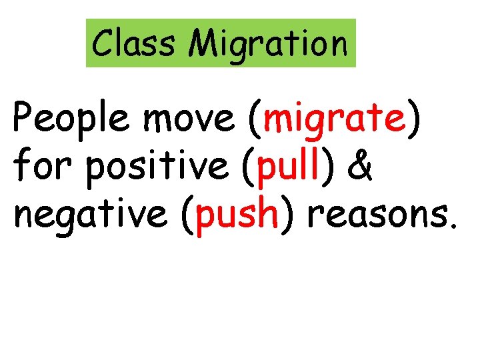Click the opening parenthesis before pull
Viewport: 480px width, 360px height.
coord(247,169)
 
